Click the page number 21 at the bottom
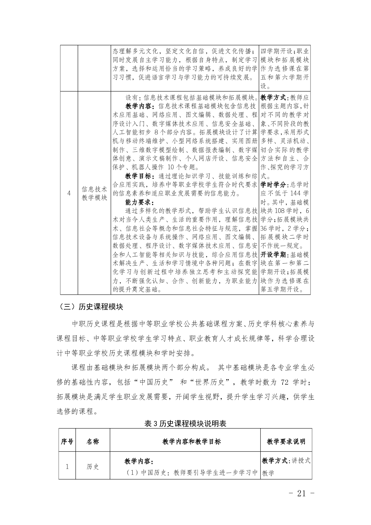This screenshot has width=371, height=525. pyautogui.click(x=302, y=493)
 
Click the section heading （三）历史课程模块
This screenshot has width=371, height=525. pyautogui.click(x=90, y=307)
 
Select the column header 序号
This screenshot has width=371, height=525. pyautogui.click(x=67, y=441)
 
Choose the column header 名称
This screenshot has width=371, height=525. pyautogui.click(x=93, y=441)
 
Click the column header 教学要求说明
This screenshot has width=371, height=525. pyautogui.click(x=286, y=441)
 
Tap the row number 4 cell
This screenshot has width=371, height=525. pyautogui.click(x=69, y=193)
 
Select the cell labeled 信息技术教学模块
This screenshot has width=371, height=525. pyautogui.click(x=94, y=193)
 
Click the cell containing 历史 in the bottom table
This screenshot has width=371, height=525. pyautogui.click(x=93, y=467)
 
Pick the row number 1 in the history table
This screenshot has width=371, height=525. pyautogui.click(x=67, y=467)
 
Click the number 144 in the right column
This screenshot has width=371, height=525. pyautogui.click(x=295, y=193)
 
